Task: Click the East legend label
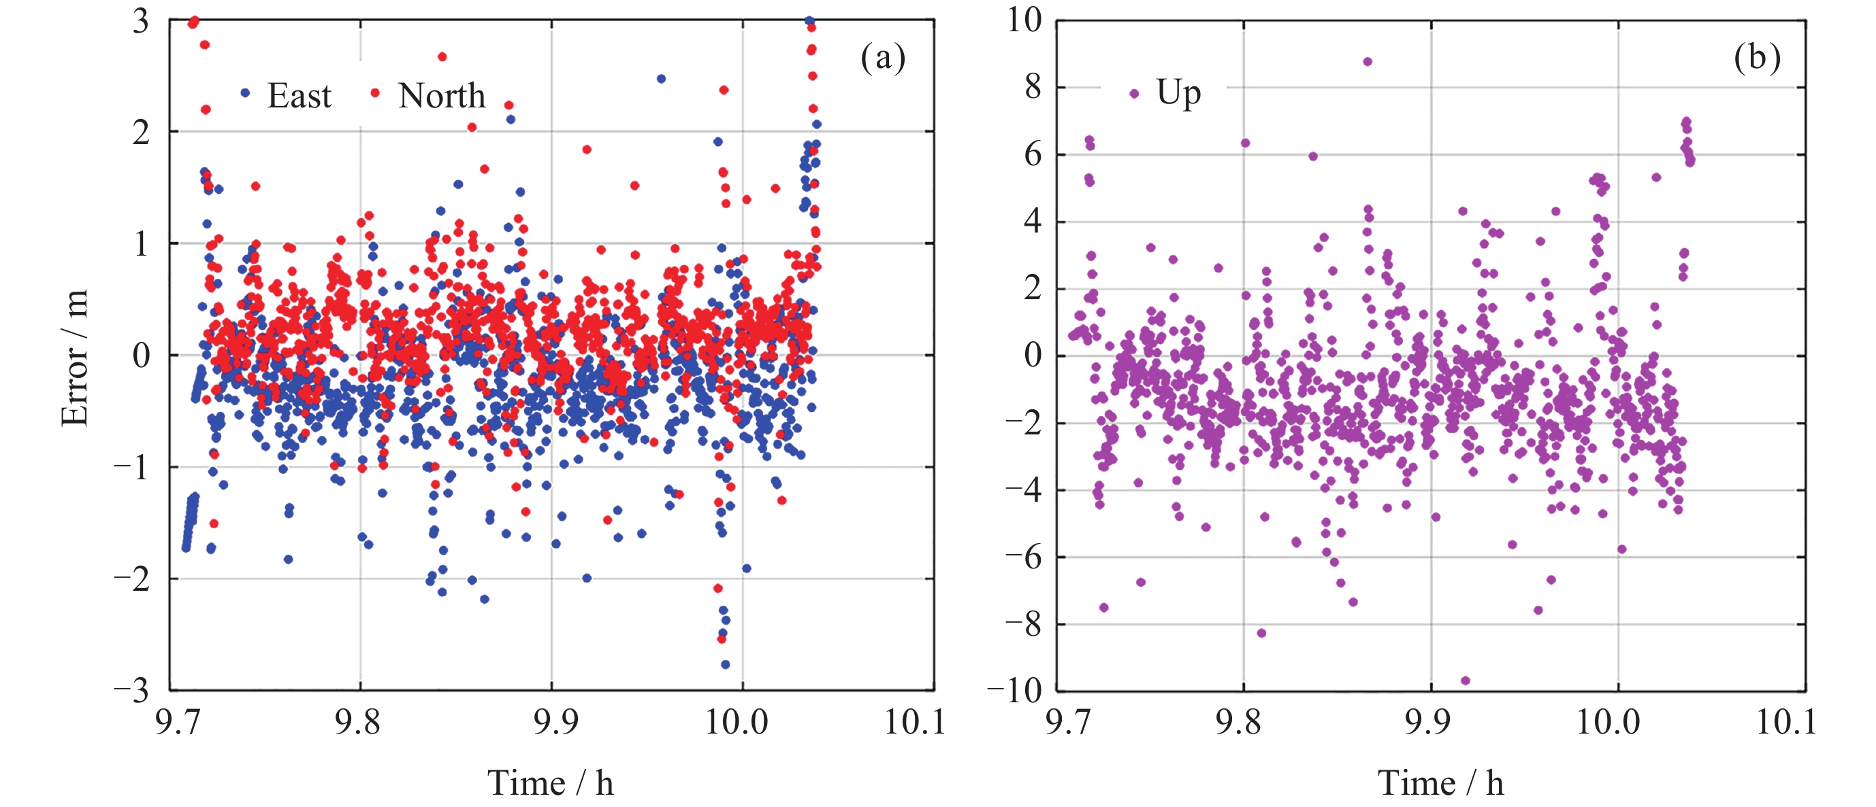pyautogui.click(x=299, y=96)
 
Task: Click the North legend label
pyautogui.click(x=441, y=96)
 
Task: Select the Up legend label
pyautogui.click(x=1178, y=93)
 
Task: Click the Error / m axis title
pyautogui.click(x=75, y=356)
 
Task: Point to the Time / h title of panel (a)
pyautogui.click(x=551, y=784)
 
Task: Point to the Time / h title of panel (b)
pyautogui.click(x=1440, y=784)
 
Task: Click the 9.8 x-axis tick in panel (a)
pyautogui.click(x=357, y=723)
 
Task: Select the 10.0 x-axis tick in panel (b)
pyautogui.click(x=1608, y=723)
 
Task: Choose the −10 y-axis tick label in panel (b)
pyautogui.click(x=1014, y=690)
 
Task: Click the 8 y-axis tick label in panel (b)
pyautogui.click(x=1033, y=87)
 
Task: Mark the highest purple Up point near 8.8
pyautogui.click(x=1368, y=62)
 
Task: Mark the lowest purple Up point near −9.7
pyautogui.click(x=1466, y=681)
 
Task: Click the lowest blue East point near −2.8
pyautogui.click(x=726, y=664)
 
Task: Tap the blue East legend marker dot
pyautogui.click(x=246, y=93)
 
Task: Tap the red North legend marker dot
pyautogui.click(x=375, y=93)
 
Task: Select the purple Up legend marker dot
pyautogui.click(x=1134, y=93)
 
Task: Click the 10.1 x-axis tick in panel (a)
pyautogui.click(x=915, y=723)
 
